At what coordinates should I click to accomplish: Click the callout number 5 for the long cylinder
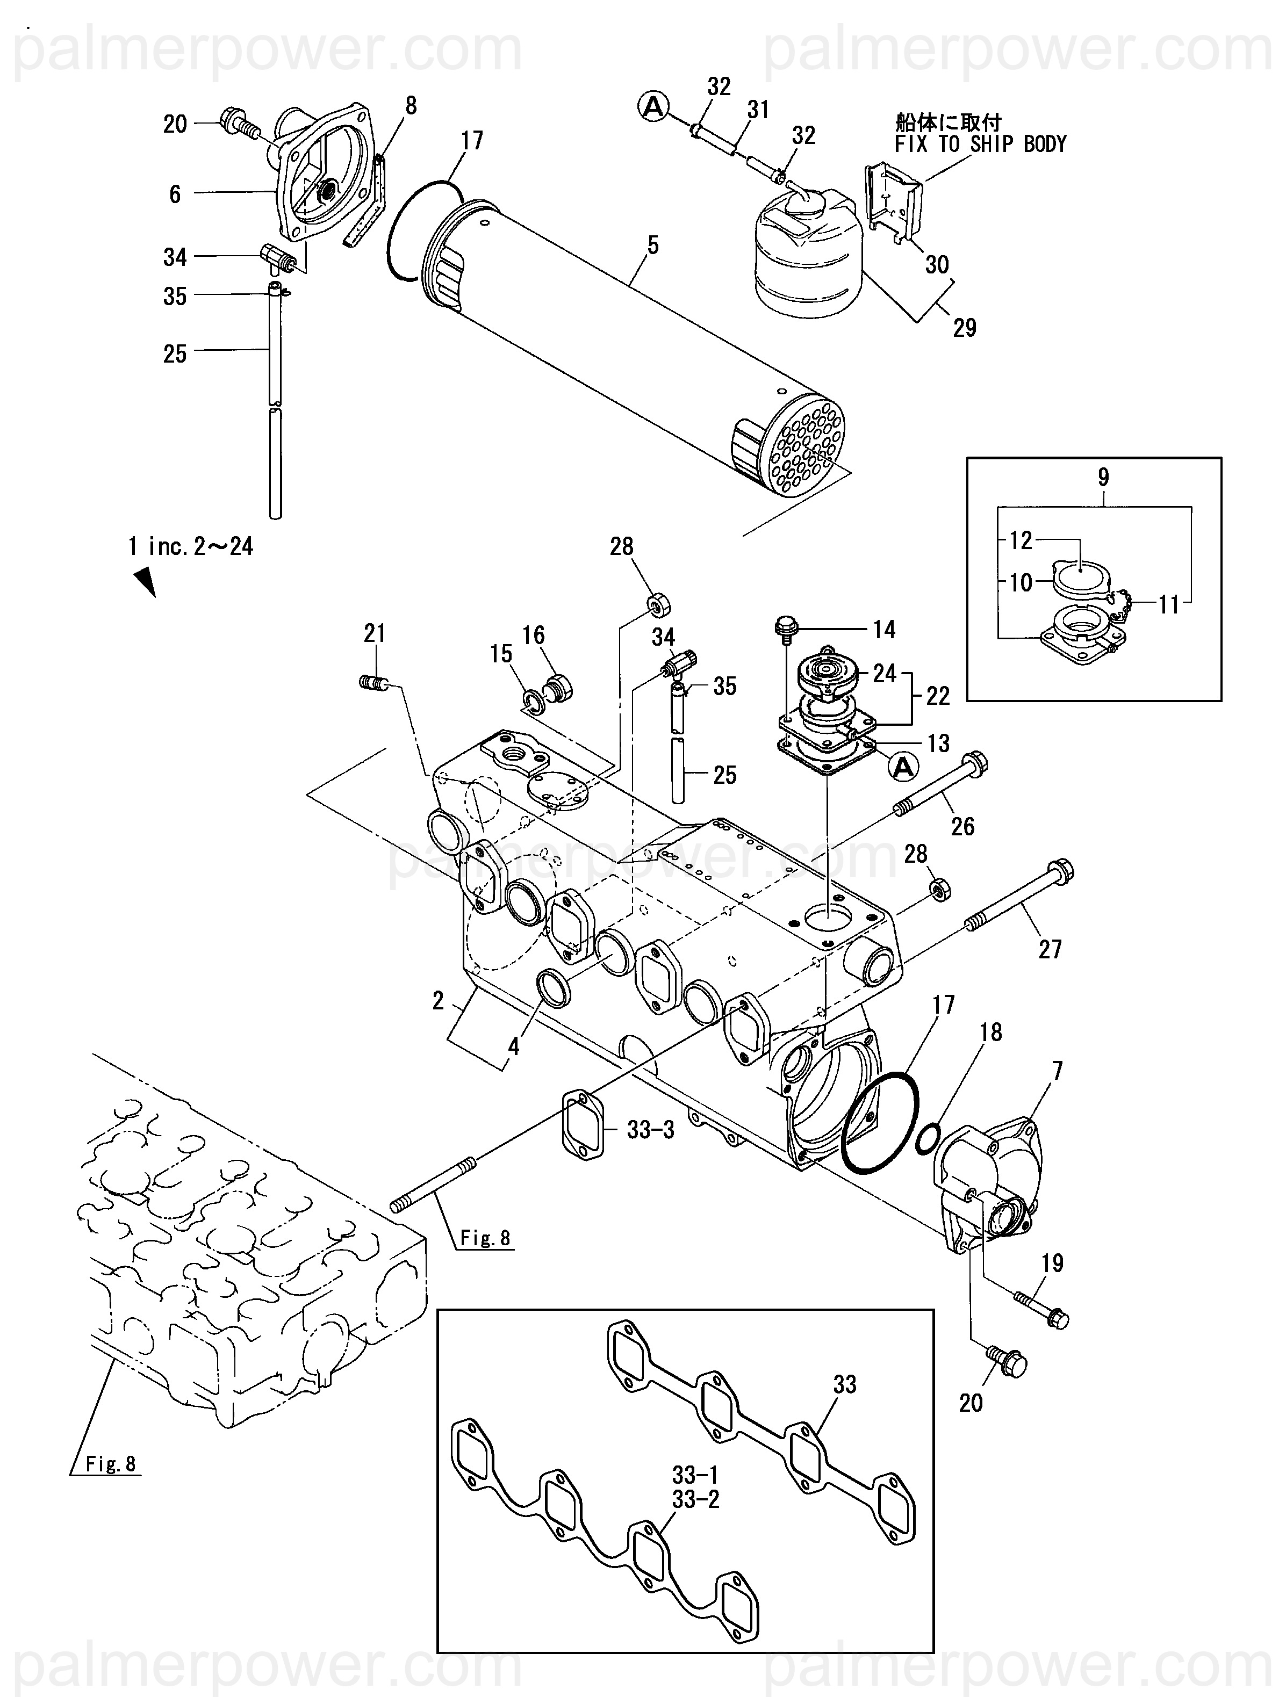(652, 245)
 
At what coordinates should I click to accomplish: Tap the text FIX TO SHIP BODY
(981, 144)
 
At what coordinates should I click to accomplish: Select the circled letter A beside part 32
(653, 107)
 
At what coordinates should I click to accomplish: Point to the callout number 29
(965, 328)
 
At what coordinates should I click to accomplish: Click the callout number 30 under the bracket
(937, 265)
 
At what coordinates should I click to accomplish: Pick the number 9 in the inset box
(1103, 477)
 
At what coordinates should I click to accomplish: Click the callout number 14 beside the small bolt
(885, 630)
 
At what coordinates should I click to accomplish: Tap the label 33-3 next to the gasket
(651, 1130)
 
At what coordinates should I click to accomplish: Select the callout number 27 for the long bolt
(1050, 950)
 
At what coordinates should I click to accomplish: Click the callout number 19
(1053, 1263)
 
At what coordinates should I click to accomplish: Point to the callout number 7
(1058, 1071)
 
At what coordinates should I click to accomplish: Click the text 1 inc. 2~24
(190, 547)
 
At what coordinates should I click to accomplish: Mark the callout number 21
(375, 634)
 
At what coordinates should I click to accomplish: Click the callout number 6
(175, 194)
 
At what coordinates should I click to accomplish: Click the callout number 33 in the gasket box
(845, 1385)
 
